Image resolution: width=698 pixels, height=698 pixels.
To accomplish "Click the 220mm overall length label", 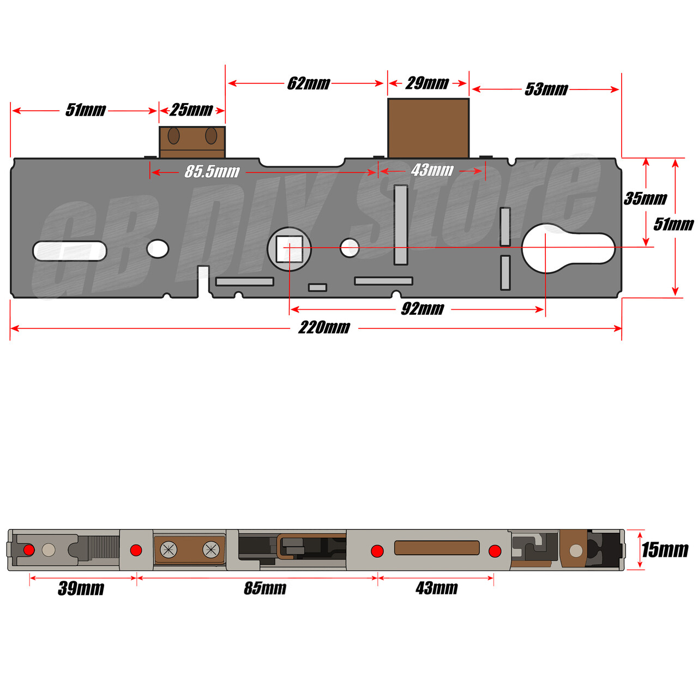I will click(x=324, y=328).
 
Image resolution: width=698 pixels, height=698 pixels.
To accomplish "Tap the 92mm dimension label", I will click(x=423, y=309).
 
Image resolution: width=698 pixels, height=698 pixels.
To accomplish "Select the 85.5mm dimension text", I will click(x=212, y=172).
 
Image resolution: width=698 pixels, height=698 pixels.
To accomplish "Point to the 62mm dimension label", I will click(x=309, y=83).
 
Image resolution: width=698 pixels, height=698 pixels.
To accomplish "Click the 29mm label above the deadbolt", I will click(x=428, y=83).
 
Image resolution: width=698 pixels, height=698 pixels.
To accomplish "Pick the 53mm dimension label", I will click(x=546, y=89).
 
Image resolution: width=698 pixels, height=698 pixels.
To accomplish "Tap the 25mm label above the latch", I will click(x=191, y=110).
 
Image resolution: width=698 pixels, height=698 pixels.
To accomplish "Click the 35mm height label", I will click(x=645, y=198).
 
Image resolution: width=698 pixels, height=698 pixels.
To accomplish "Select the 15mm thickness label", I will click(x=665, y=550).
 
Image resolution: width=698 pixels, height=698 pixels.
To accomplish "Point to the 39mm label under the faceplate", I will click(x=81, y=588).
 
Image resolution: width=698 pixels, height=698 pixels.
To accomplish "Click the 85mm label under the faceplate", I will click(x=265, y=588).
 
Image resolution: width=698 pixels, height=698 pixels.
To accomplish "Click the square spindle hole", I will click(x=289, y=249).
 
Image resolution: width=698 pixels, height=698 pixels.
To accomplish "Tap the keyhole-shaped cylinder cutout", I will click(x=567, y=248).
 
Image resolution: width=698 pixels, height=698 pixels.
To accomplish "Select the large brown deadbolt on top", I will click(x=428, y=128).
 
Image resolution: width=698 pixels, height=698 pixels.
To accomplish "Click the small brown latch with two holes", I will click(x=192, y=142).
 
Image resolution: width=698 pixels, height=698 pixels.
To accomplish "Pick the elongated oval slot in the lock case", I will click(x=70, y=251).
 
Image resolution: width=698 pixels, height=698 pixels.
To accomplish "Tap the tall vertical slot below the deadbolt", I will click(x=401, y=225).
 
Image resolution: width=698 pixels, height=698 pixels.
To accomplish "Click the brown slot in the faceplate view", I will click(x=436, y=547).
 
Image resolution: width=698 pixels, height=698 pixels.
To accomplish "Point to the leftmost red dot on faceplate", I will click(x=29, y=550).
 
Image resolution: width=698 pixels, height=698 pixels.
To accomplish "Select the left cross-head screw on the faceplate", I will click(x=169, y=550).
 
